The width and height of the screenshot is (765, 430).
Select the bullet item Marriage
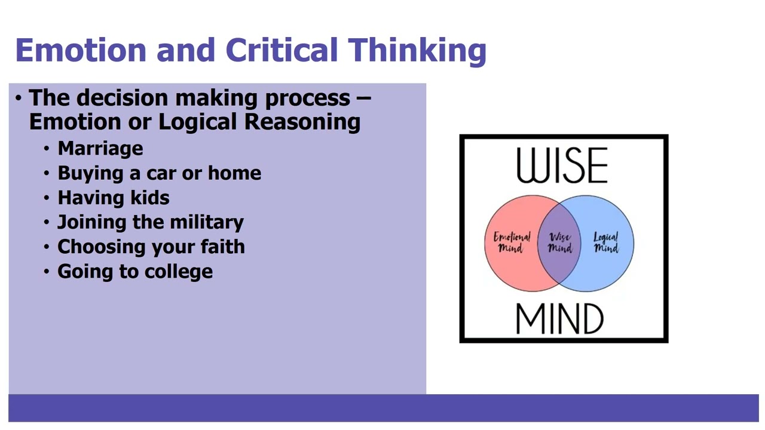tap(100, 148)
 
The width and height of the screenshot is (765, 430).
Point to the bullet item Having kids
tap(113, 198)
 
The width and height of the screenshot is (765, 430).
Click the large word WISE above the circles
tap(562, 165)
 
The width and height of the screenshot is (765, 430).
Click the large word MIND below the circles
tap(559, 319)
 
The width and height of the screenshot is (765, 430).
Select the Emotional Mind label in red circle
tap(511, 242)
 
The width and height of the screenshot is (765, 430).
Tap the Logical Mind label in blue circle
tap(605, 242)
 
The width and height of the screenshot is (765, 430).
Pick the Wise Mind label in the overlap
tap(559, 242)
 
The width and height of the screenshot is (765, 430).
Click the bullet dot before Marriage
tap(47, 149)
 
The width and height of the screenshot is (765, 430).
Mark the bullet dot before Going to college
tap(47, 272)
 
